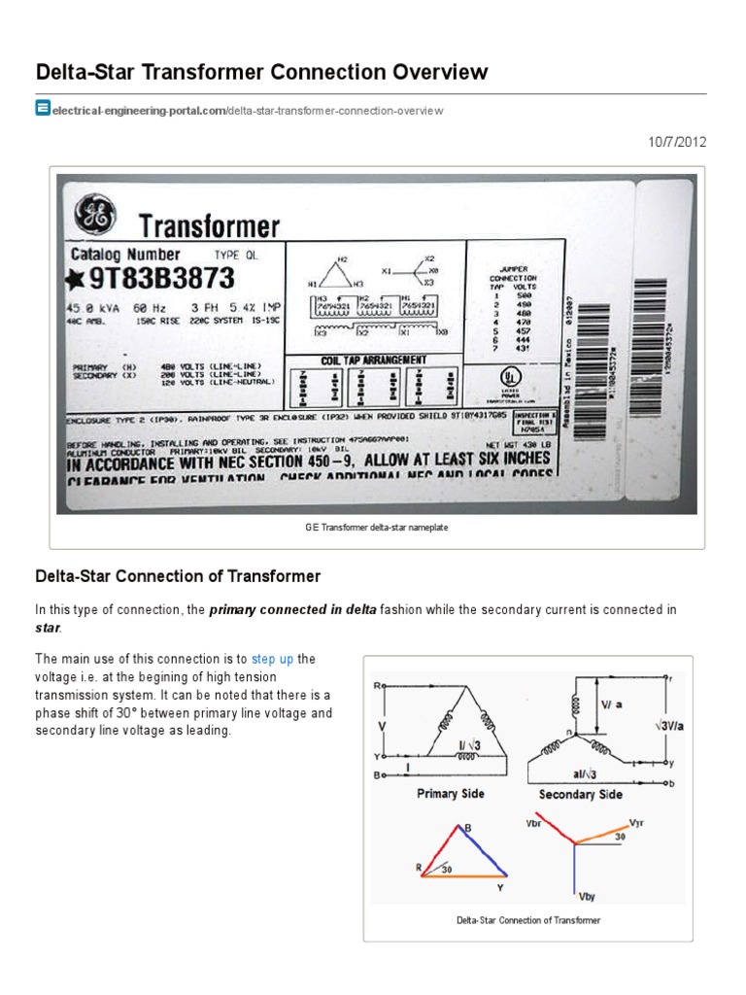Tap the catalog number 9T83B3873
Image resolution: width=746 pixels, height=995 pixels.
pyautogui.click(x=160, y=279)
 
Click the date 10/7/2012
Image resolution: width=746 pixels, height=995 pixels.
pyautogui.click(x=678, y=142)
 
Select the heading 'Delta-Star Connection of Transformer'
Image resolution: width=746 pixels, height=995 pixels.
pyautogui.click(x=178, y=576)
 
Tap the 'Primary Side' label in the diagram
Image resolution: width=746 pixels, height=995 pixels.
pyautogui.click(x=450, y=794)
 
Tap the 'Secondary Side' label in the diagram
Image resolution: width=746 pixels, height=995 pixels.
pyautogui.click(x=581, y=795)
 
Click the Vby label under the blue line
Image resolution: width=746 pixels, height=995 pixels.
pyautogui.click(x=586, y=896)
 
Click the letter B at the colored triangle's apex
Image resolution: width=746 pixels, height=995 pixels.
pyautogui.click(x=467, y=828)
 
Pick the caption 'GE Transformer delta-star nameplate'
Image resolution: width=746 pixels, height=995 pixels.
pyautogui.click(x=376, y=528)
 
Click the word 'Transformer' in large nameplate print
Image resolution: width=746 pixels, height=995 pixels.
pyautogui.click(x=209, y=227)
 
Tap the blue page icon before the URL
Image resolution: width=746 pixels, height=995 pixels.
pyautogui.click(x=43, y=109)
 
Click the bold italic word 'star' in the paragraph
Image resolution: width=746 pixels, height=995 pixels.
pyautogui.click(x=48, y=629)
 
